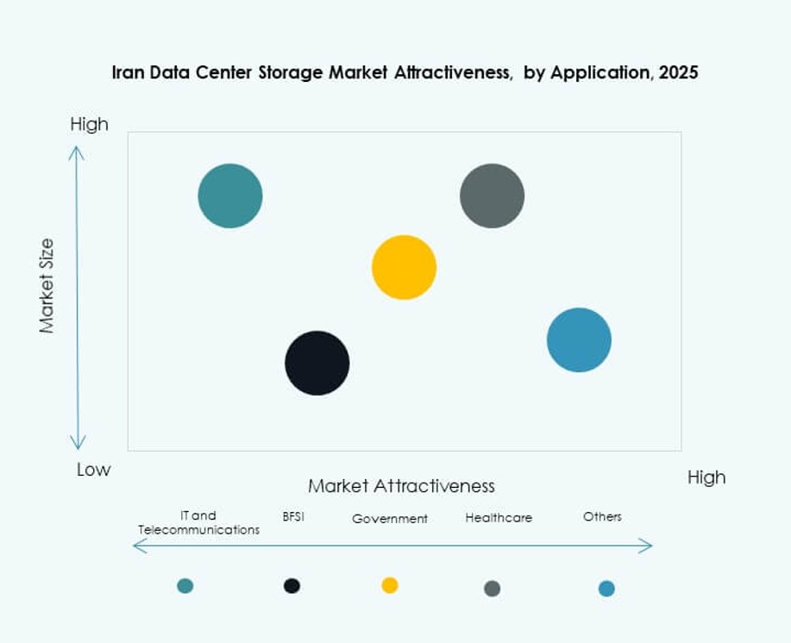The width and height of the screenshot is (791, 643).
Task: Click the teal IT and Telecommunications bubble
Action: click(x=230, y=196)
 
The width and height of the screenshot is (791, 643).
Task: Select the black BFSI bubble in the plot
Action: click(x=317, y=363)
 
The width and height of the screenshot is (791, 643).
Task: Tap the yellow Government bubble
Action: click(x=404, y=267)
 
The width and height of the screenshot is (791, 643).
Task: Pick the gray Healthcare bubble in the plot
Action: click(x=492, y=196)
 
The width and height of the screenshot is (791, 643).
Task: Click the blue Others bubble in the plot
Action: click(x=579, y=340)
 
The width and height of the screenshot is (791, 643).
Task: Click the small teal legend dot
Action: click(x=185, y=586)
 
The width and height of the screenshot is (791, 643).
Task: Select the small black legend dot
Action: click(x=292, y=586)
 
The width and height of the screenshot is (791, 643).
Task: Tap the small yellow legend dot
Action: click(x=390, y=586)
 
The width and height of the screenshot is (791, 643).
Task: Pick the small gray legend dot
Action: click(x=492, y=589)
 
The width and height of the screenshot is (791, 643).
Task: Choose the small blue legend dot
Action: click(x=606, y=589)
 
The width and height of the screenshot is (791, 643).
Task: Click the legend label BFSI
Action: click(x=293, y=517)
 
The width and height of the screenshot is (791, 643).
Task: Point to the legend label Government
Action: click(x=390, y=519)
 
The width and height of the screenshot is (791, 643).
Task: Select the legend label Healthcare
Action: click(x=499, y=518)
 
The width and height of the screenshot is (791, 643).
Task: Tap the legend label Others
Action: click(x=602, y=516)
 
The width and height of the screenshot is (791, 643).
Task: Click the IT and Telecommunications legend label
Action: click(x=198, y=523)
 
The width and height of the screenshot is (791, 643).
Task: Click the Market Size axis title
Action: click(x=47, y=286)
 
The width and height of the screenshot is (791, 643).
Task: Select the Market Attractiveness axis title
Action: click(x=401, y=486)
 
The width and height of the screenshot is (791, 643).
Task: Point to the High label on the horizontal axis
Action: click(x=706, y=478)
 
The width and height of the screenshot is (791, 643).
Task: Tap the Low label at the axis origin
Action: click(x=93, y=470)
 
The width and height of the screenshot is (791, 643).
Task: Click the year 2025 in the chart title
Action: click(x=677, y=73)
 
